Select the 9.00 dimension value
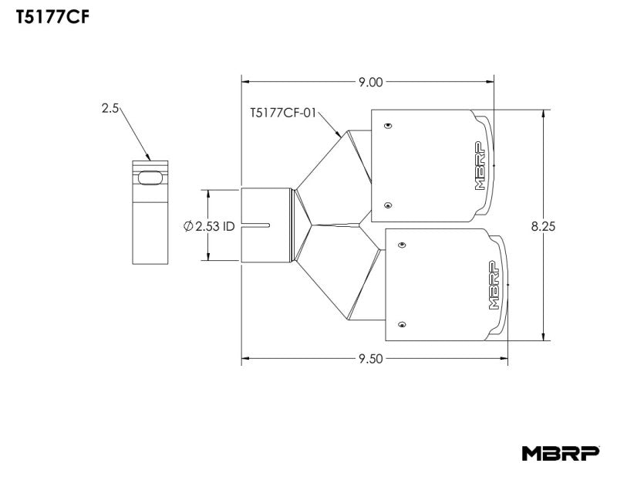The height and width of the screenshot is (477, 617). coord(370,81)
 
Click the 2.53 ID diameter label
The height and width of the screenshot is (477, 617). coord(210,226)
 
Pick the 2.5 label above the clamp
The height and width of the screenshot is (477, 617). coord(110,109)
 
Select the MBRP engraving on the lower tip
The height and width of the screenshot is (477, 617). coord(494,284)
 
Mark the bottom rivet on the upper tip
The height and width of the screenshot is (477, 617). coord(388,205)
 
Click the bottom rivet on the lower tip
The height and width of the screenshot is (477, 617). coord(401,324)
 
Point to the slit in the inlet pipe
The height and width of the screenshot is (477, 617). coord(258,225)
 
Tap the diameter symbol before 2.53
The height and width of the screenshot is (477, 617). coord(188,226)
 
